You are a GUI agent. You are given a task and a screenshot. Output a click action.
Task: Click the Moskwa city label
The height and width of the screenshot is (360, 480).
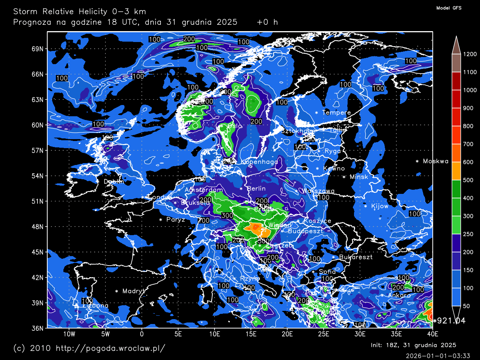click(435, 161)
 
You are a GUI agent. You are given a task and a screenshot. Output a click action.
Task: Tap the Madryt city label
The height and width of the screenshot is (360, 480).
click(133, 291)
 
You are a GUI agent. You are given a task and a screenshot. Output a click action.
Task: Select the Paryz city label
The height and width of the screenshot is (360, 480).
click(175, 219)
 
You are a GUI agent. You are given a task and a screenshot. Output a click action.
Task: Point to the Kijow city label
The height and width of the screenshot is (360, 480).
click(379, 206)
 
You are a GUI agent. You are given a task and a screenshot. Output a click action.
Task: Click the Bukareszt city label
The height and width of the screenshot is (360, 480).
click(355, 257)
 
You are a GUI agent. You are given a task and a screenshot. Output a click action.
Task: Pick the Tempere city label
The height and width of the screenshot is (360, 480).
click(336, 112)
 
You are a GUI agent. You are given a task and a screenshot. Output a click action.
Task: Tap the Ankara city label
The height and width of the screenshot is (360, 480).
click(399, 295)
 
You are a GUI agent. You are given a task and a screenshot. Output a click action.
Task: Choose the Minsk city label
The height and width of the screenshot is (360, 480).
click(359, 177)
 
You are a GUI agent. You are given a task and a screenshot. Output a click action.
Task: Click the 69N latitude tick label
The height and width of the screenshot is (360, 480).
click(37, 49)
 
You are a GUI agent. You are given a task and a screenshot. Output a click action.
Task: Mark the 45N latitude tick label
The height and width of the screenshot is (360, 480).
click(37, 252)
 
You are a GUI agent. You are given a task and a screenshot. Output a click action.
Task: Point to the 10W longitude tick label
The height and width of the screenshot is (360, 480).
click(69, 334)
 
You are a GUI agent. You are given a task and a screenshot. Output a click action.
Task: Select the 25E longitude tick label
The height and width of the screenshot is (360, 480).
click(324, 334)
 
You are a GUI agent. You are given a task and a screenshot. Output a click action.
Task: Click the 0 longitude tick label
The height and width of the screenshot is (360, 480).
click(142, 334)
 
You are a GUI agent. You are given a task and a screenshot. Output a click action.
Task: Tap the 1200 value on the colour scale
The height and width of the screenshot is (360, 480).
click(469, 54)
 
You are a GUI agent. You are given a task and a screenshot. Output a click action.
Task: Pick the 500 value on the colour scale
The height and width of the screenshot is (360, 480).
click(468, 180)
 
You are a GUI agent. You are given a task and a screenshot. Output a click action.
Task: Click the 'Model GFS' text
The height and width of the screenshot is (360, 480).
click(449, 8)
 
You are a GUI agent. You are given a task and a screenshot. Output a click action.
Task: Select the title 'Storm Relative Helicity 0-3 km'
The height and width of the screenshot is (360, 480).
click(79, 12)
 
